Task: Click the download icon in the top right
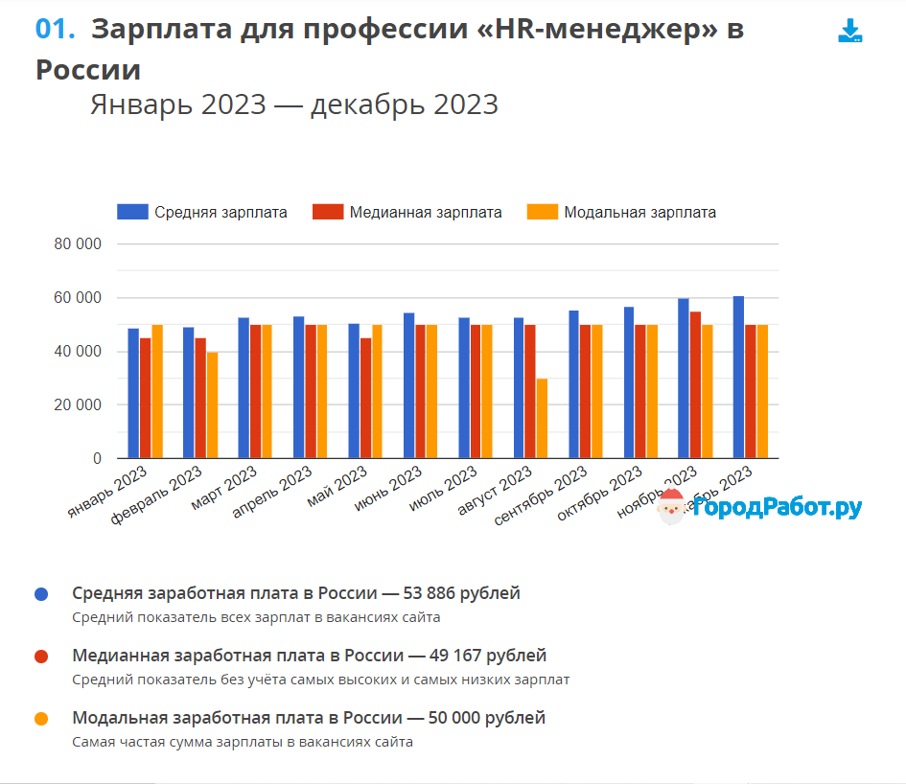click(849, 32)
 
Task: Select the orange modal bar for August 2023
click(542, 419)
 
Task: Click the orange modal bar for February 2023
click(212, 405)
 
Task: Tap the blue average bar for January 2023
click(134, 394)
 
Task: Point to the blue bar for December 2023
click(738, 378)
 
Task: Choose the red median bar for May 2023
click(365, 399)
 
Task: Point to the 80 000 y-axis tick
click(78, 244)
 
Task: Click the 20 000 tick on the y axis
click(78, 405)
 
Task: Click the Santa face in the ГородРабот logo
click(671, 507)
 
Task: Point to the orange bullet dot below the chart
click(41, 718)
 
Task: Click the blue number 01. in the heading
click(55, 30)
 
